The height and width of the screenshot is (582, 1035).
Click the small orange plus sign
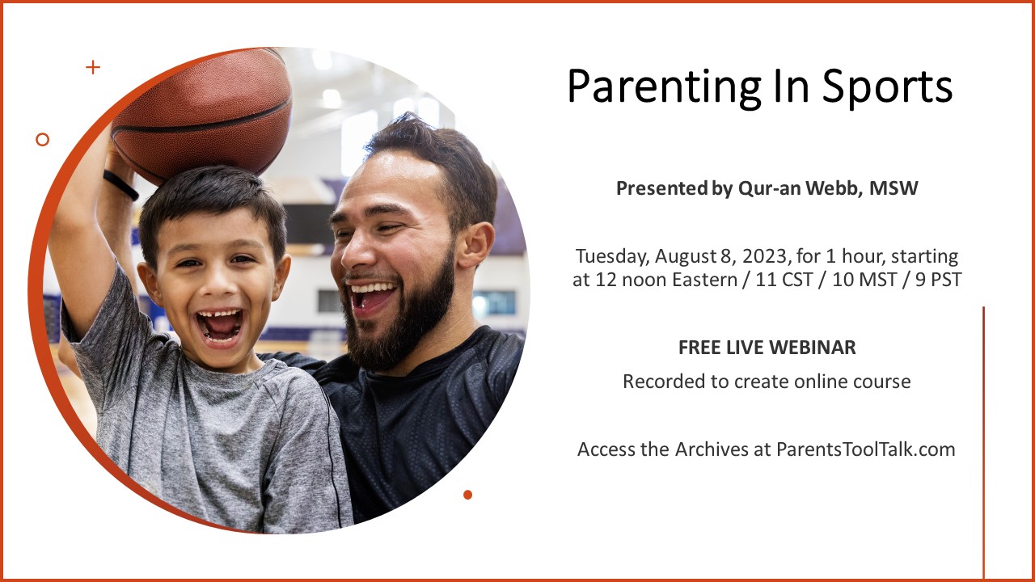(x=93, y=67)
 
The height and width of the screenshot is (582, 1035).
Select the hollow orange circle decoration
(x=43, y=140)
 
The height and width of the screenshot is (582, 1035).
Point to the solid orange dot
(x=467, y=495)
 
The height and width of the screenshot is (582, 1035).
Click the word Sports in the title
(x=887, y=86)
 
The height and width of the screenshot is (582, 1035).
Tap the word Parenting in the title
(x=664, y=86)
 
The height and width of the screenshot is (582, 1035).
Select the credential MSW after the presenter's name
(x=893, y=188)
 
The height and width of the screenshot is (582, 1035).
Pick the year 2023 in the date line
(x=764, y=256)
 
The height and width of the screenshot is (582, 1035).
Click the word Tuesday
(x=613, y=257)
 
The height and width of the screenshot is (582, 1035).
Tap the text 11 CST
(x=784, y=280)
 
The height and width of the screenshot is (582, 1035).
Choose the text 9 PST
(x=939, y=280)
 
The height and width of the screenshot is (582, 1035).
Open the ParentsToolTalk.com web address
(x=865, y=449)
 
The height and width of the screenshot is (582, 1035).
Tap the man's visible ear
(x=476, y=245)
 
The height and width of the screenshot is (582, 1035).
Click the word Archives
(x=712, y=449)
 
